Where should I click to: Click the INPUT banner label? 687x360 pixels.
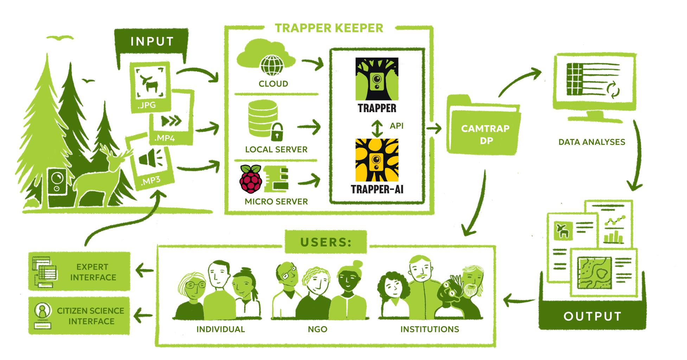pyautogui.click(x=152, y=41)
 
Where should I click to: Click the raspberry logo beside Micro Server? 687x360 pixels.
pyautogui.click(x=251, y=179)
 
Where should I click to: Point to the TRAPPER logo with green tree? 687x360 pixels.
pyautogui.click(x=377, y=79)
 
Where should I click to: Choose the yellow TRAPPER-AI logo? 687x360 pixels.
pyautogui.click(x=377, y=160)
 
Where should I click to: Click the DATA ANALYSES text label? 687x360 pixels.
pyautogui.click(x=592, y=142)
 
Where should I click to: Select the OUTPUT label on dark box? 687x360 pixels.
pyautogui.click(x=592, y=316)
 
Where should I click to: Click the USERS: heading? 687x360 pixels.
pyautogui.click(x=326, y=242)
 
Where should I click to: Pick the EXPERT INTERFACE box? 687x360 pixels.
pyautogui.click(x=79, y=271)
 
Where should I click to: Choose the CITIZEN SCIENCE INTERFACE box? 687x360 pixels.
pyautogui.click(x=79, y=315)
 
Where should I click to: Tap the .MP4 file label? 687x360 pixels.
pyautogui.click(x=164, y=138)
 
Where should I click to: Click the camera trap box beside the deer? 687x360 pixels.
pyautogui.click(x=57, y=186)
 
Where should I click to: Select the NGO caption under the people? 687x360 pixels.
pyautogui.click(x=318, y=329)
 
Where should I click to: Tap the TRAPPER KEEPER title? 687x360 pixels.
pyautogui.click(x=329, y=28)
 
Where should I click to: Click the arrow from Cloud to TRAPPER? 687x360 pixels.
pyautogui.click(x=312, y=64)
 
